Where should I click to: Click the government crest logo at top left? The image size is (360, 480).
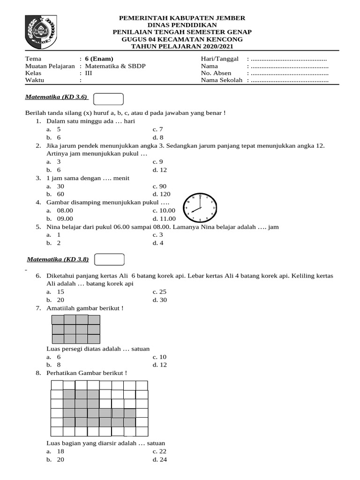pos(41,31)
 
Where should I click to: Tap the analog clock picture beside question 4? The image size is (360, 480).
pos(200,208)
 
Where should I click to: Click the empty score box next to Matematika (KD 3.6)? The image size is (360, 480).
pos(108,99)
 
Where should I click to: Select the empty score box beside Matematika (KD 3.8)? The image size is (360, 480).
pos(109,259)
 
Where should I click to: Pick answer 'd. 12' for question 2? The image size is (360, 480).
pos(159,170)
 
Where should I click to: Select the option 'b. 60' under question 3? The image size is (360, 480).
pos(55,194)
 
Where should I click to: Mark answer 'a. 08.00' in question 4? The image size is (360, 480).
pos(60,210)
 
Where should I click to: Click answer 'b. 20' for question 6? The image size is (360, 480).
pos(55,300)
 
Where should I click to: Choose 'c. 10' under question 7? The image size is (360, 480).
pos(159,357)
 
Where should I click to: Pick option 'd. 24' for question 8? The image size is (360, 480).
pos(159,459)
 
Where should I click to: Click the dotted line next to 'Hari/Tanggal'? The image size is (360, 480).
pos(289,59)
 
